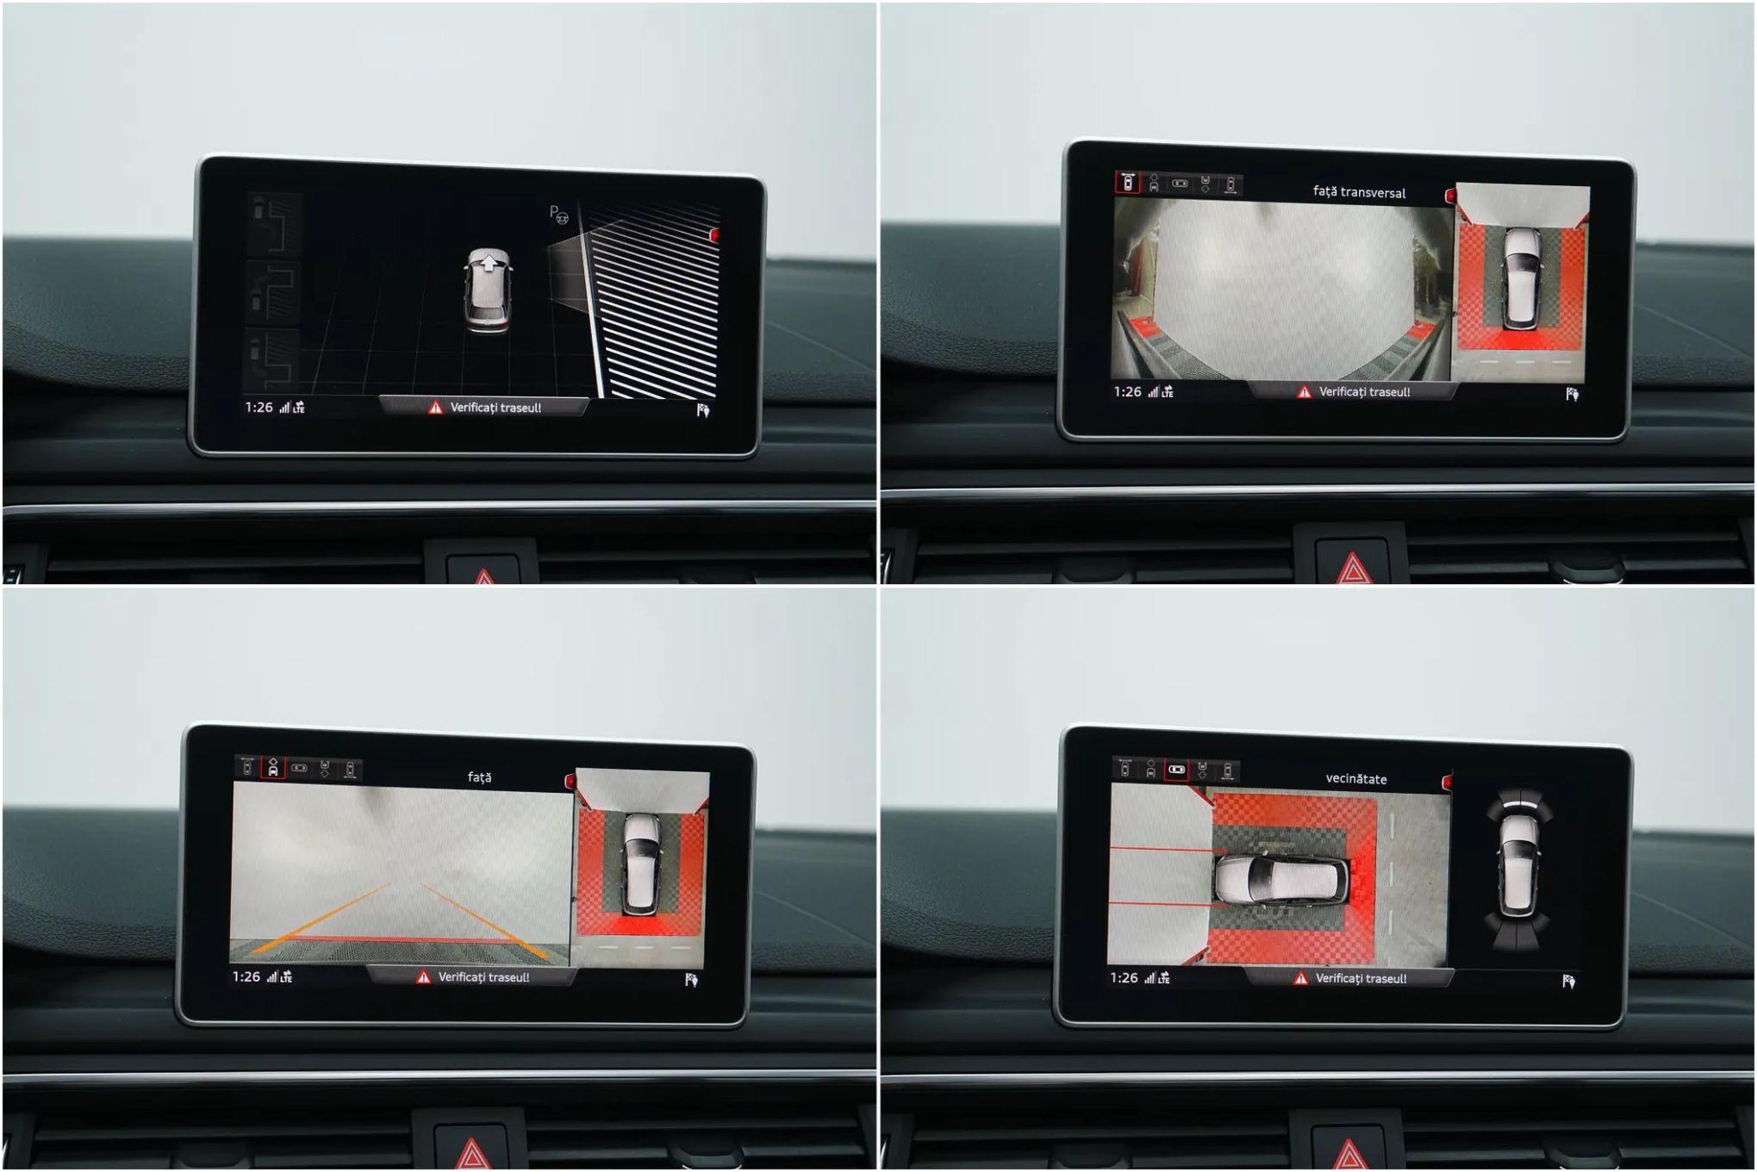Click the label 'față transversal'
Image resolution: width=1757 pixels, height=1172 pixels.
point(1359,192)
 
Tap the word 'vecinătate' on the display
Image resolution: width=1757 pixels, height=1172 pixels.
point(1355,778)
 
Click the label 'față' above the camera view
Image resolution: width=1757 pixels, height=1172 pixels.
point(479,777)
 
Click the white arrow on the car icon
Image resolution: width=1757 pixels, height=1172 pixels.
point(489,263)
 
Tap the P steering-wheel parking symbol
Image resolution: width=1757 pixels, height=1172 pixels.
point(558,214)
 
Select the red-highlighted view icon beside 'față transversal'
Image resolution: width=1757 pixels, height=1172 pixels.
point(1127,183)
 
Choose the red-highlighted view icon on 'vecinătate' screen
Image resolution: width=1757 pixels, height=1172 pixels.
point(1176,769)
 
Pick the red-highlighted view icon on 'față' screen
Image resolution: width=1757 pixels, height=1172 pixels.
point(272,767)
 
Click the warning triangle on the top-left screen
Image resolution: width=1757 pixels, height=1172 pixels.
point(435,408)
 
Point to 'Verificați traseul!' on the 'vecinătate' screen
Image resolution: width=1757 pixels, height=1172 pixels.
point(1361,978)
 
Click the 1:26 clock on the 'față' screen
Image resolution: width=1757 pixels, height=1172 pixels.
point(246,976)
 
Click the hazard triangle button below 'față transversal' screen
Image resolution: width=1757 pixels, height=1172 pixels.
point(1352,570)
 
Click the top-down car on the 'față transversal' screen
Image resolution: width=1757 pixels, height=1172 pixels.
point(1521,277)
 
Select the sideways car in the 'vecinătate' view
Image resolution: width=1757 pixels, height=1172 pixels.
point(1281,879)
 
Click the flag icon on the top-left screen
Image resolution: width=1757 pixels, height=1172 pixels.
point(703,410)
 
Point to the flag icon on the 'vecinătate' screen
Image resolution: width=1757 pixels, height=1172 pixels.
point(1568,981)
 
